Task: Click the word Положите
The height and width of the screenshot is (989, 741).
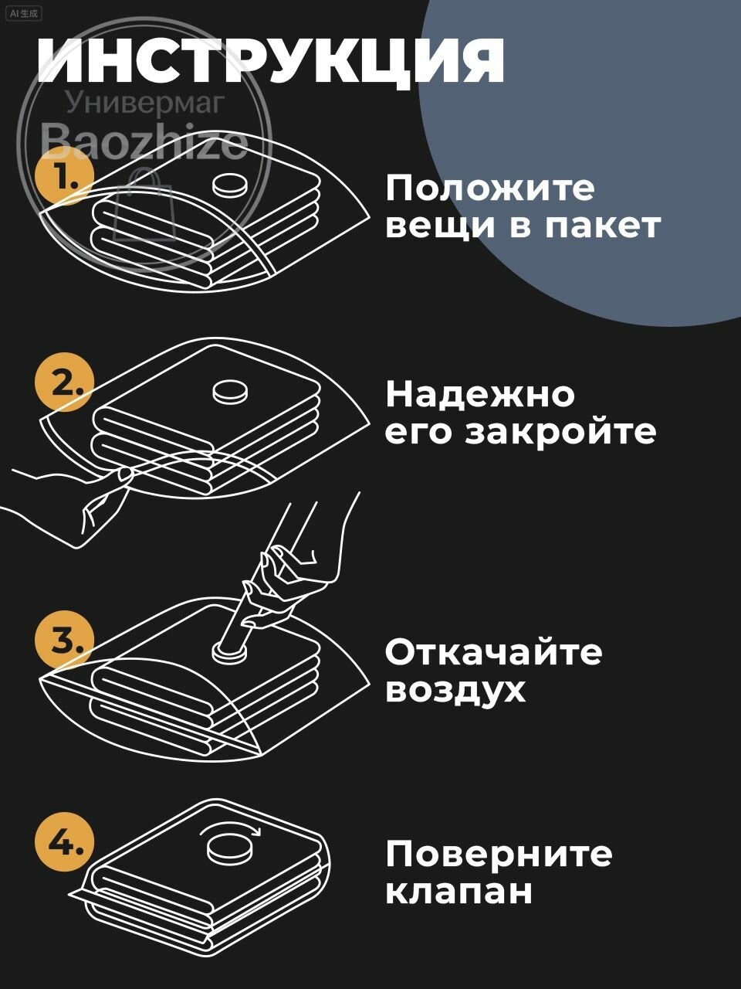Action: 490,189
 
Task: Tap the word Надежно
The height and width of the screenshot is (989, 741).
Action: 480,394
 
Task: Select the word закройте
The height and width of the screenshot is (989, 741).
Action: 560,431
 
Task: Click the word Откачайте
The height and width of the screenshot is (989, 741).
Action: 493,652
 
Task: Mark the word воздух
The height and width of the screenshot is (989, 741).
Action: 455,689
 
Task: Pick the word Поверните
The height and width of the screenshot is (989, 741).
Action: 499,855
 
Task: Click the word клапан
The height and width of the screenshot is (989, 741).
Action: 458,892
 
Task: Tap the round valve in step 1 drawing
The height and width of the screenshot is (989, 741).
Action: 231,185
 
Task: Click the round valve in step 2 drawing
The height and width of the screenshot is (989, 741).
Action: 231,392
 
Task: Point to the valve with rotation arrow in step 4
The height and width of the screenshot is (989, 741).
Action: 230,848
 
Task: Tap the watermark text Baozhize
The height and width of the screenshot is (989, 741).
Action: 144,141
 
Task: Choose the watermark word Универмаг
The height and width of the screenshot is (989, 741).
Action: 144,101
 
